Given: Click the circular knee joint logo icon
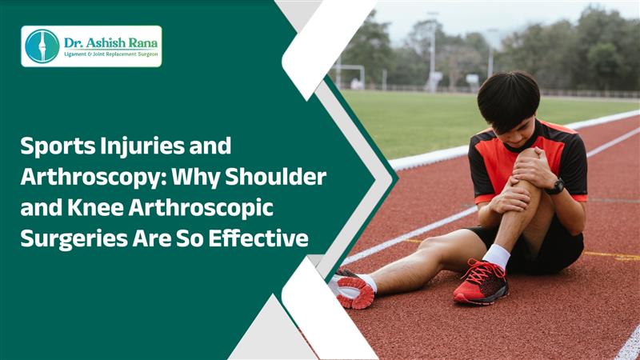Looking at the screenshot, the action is coord(42,46).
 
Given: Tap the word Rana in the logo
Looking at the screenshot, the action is coord(143,43).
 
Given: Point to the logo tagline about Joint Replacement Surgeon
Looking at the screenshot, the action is coord(110,54).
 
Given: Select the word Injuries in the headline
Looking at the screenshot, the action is coord(142,146).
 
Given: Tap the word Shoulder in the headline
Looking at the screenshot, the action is coord(276,176).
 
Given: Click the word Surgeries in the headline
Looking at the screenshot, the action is coord(74,239).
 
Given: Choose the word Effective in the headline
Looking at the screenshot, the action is coord(258,238).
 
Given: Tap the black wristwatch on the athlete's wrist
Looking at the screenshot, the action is coord(555,186).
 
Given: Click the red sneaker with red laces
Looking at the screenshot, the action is coord(482,282).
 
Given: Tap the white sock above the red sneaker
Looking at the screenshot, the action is coord(496,256).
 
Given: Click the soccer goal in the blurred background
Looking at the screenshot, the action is coord(350,75).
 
